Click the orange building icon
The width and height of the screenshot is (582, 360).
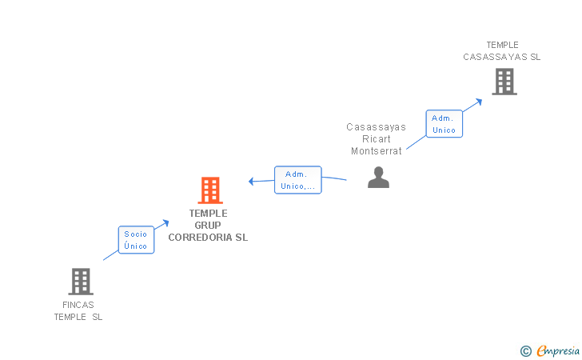coord(210,190)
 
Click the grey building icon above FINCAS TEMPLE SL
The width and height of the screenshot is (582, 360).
coord(81,282)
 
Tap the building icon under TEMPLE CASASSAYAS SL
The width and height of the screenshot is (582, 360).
coord(504,82)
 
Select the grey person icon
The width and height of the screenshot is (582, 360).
coord(378,178)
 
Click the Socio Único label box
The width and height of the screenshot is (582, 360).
coord(136,240)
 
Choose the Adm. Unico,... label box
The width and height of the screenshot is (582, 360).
coord(298,180)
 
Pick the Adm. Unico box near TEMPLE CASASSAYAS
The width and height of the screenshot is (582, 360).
coord(444,124)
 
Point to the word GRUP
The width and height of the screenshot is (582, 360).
coord(208,226)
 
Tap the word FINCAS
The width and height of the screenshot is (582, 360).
coord(78,305)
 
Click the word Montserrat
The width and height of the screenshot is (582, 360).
coord(377,151)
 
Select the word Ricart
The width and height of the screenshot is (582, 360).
coord(377,139)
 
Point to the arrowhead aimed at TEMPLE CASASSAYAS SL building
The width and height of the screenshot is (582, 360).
coord(478,101)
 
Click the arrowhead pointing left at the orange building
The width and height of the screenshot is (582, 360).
coord(251,182)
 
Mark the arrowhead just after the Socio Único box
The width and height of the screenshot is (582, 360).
coord(165,223)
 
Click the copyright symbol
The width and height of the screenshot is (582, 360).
coord(525,350)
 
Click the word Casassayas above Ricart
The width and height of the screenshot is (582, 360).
coord(377,127)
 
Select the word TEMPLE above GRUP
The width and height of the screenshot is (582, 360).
coord(208,214)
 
